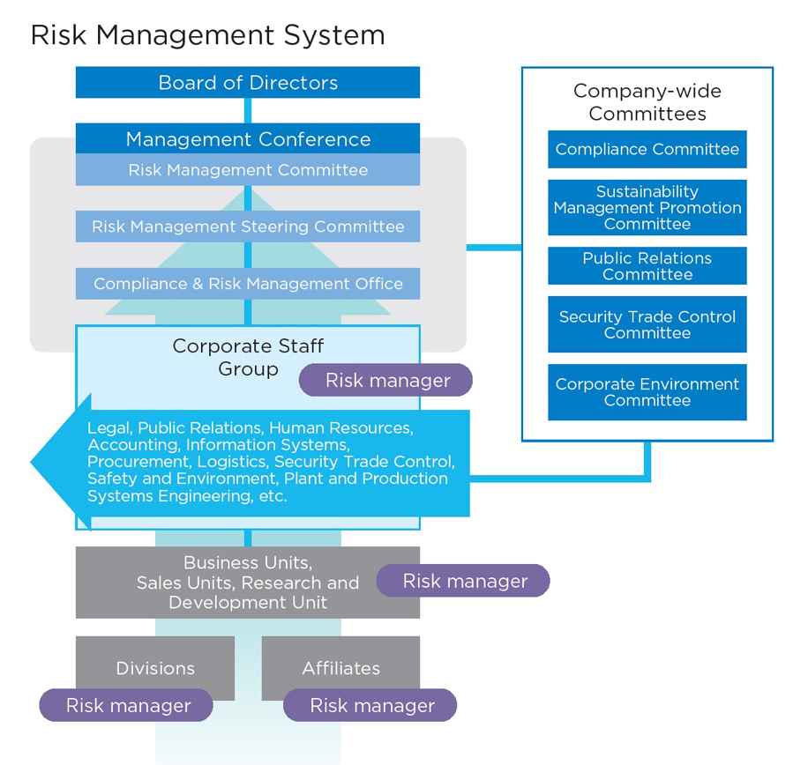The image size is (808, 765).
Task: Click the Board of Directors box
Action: (248, 83)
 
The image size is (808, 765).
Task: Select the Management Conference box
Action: (248, 139)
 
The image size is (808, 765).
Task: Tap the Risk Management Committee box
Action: (248, 170)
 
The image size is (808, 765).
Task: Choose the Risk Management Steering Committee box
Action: (248, 227)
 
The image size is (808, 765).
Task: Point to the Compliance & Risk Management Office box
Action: (248, 284)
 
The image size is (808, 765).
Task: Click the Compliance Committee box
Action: (647, 150)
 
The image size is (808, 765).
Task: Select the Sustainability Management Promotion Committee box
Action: (647, 208)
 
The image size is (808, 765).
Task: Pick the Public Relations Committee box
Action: (647, 266)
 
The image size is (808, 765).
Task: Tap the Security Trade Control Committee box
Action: (647, 324)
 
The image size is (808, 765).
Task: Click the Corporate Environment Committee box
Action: (647, 392)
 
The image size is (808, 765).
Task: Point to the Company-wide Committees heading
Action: (647, 102)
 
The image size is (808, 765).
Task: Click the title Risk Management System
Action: (207, 35)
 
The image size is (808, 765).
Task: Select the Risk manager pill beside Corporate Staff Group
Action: (386, 381)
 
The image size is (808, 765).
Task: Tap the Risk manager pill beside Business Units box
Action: (464, 582)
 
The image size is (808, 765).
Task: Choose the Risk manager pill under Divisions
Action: (127, 706)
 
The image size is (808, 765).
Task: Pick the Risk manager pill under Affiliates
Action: (370, 706)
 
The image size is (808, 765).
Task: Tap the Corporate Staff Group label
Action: (248, 357)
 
